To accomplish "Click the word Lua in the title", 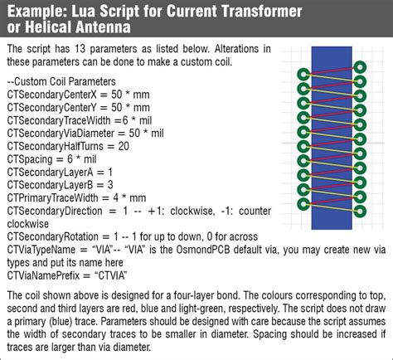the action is pyautogui.click(x=84, y=12).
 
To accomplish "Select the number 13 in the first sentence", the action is pyautogui.click(x=80, y=49).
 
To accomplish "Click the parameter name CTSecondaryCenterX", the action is pyautogui.click(x=52, y=95).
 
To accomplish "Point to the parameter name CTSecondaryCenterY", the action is pyautogui.click(x=52, y=108).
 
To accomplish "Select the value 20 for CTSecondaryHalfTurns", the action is pyautogui.click(x=124, y=146).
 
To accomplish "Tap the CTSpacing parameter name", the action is pyautogui.click(x=30, y=159).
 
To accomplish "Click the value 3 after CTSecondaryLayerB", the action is pyautogui.click(x=110, y=185).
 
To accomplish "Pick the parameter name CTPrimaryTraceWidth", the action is pyautogui.click(x=52, y=198).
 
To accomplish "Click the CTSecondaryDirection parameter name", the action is pyautogui.click(x=55, y=211).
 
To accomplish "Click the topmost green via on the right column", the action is pyautogui.click(x=360, y=67).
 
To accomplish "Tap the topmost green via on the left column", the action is pyautogui.click(x=303, y=75).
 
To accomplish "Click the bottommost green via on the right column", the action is pyautogui.click(x=360, y=212).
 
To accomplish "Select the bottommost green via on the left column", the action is pyautogui.click(x=303, y=204).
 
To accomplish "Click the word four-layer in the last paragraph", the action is pyautogui.click(x=194, y=295).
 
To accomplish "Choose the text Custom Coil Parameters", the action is pyautogui.click(x=65, y=81).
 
